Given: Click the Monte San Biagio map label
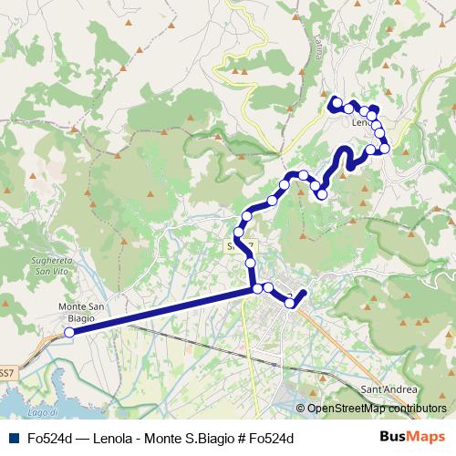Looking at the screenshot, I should [x=84, y=312].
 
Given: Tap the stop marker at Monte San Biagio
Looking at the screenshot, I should [x=68, y=333].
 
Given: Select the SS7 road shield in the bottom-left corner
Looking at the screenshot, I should [x=6, y=372].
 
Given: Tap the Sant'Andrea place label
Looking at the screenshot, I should [x=389, y=389].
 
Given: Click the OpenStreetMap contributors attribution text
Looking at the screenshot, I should [x=377, y=409].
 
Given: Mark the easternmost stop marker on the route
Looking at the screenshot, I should [x=385, y=148].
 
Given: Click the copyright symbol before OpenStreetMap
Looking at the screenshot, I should [x=302, y=409].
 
